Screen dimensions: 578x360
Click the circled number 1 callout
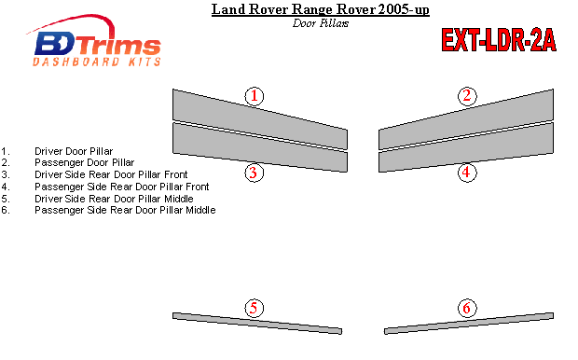pos(255,96)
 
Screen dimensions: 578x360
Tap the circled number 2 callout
pos(467,96)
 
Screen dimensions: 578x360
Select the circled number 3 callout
pos(254,173)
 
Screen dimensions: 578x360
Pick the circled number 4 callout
pos(467,173)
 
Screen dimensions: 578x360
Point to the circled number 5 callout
pos(254,308)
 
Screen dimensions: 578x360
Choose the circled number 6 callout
pos(467,308)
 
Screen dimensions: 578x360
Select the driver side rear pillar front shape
pos(260,147)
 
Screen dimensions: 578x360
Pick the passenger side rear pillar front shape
pos(466,147)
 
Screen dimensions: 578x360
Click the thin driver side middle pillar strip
pos(257,324)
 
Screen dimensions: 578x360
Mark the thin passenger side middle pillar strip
pos(469,324)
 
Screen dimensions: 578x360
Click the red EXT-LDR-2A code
pos(499,40)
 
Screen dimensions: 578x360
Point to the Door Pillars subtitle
pos(321,23)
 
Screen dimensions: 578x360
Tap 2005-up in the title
pos(404,9)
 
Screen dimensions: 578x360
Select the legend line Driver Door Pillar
pos(74,151)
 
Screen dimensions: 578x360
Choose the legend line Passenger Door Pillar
pos(85,162)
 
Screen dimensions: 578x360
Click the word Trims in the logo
pos(118,46)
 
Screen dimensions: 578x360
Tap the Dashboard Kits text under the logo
pos(97,62)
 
